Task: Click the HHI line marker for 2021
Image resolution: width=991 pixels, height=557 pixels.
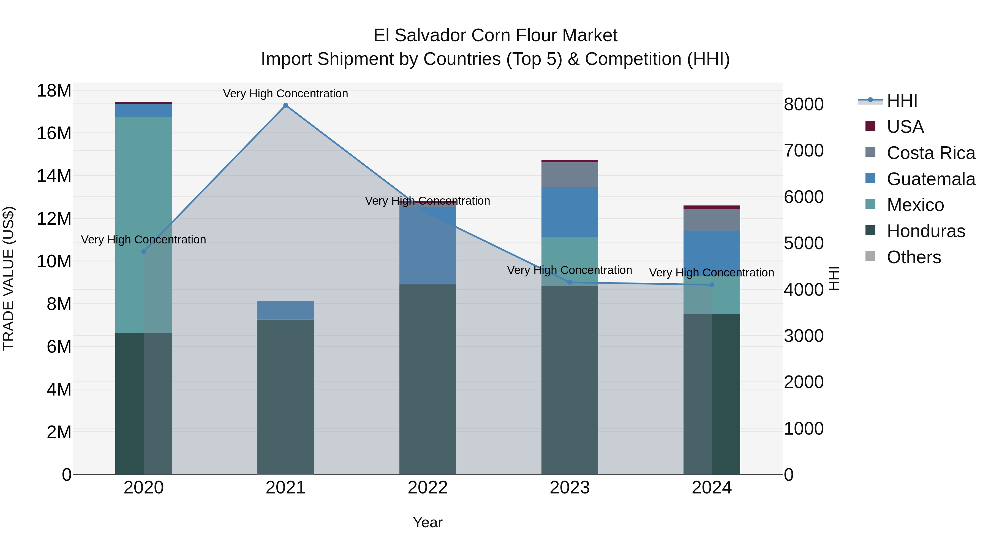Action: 285,105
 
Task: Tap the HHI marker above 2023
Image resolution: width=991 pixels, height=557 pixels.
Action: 570,282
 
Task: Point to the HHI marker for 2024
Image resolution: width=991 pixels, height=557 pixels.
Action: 712,285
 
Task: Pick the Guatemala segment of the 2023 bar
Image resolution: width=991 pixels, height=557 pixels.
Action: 570,212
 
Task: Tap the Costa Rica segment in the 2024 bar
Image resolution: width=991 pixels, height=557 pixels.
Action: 712,220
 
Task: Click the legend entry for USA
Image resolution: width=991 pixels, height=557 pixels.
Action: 905,127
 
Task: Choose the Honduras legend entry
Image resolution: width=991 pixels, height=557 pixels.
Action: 925,231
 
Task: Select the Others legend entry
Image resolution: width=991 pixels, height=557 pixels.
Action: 913,257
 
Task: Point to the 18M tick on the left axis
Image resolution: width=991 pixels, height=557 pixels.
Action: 54,91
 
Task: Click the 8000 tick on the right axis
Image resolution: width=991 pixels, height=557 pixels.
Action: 804,105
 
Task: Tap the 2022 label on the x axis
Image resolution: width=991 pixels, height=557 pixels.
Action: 428,488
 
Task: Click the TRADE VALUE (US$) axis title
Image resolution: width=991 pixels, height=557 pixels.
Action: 9,278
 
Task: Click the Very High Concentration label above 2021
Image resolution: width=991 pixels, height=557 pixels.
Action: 285,94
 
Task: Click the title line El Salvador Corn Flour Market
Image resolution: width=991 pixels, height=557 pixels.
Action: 495,35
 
